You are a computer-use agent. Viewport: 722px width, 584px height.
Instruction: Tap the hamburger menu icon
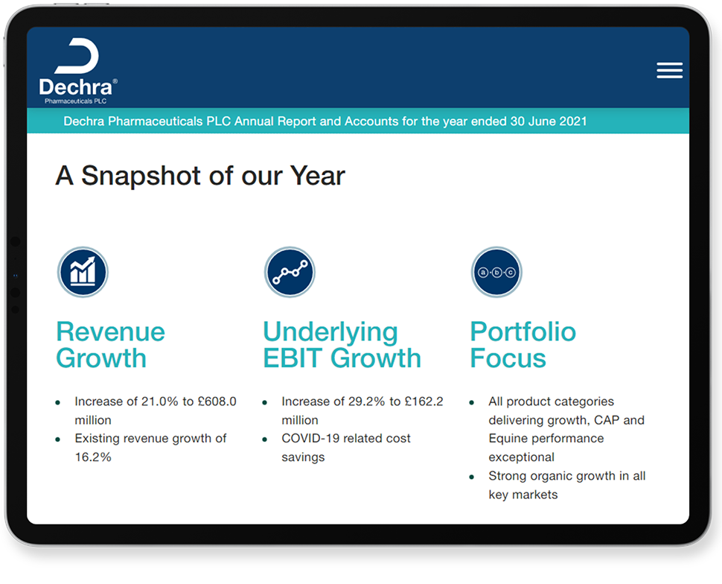[x=669, y=70]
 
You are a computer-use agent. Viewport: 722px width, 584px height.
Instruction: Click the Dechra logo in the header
[x=78, y=71]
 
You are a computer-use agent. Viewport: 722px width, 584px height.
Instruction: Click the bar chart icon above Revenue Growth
[x=83, y=272]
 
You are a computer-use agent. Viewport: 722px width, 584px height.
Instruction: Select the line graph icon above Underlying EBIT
[x=290, y=272]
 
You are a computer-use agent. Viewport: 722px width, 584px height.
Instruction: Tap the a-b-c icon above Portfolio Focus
[x=496, y=272]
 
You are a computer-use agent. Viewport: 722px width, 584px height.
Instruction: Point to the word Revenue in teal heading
[x=110, y=331]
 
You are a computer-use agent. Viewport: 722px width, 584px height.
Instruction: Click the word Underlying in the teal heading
[x=330, y=333]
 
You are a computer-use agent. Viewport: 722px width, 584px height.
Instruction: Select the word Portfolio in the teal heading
[x=523, y=331]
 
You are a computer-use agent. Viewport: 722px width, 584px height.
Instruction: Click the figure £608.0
[x=217, y=401]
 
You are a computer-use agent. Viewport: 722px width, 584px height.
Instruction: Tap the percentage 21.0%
[x=159, y=401]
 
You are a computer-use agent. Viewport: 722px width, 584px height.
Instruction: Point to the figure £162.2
[x=424, y=401]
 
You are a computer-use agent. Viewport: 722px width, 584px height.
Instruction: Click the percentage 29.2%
[x=366, y=401]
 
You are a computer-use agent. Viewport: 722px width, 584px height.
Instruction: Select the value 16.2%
[x=93, y=457]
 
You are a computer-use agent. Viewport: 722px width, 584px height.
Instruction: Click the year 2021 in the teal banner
[x=573, y=121]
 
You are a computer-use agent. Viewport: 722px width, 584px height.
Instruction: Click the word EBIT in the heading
[x=293, y=358]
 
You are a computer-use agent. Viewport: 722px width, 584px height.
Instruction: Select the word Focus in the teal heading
[x=508, y=358]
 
